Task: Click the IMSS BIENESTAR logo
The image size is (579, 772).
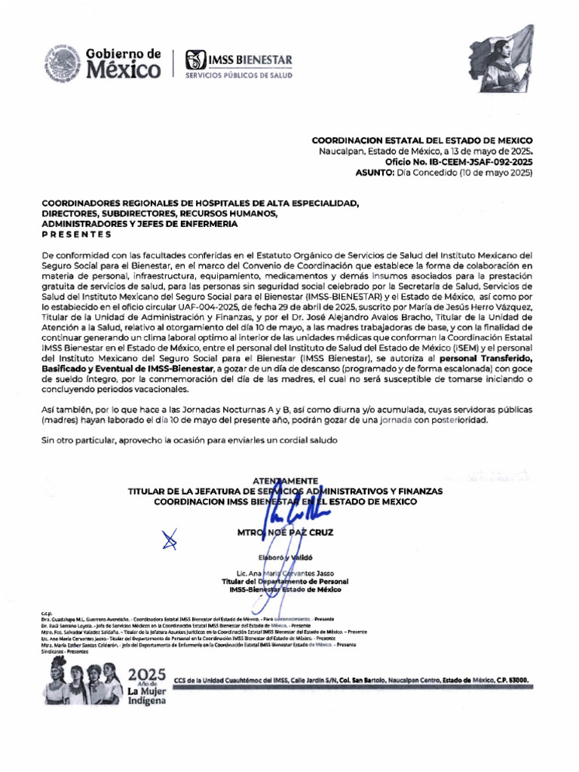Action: click(x=239, y=64)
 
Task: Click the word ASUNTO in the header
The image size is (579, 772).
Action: click(x=373, y=173)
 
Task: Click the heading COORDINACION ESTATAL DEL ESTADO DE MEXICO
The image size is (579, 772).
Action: click(x=422, y=141)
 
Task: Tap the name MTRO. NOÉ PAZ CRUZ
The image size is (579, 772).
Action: click(x=285, y=532)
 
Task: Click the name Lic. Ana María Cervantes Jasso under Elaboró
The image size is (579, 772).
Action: click(x=285, y=574)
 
